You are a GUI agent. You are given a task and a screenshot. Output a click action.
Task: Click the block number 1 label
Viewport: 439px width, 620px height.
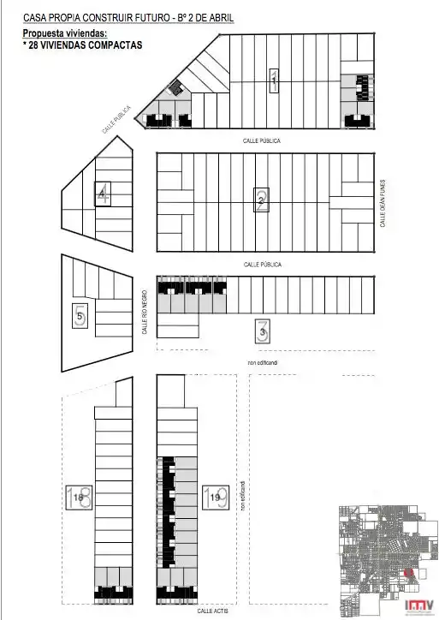(273, 80)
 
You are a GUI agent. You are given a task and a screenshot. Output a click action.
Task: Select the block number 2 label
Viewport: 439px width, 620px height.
(262, 201)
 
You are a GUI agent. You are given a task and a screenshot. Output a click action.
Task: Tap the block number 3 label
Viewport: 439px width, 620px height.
(263, 328)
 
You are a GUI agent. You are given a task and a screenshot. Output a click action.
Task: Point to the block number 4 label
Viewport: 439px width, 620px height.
(103, 194)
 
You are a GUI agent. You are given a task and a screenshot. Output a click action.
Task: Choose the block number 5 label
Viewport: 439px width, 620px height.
(80, 317)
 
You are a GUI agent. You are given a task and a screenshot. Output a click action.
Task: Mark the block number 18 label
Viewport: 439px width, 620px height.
(79, 498)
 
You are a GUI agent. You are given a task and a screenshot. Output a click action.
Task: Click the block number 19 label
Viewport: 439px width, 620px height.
(215, 497)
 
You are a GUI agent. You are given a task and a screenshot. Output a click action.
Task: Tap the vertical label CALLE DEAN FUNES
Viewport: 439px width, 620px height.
(384, 202)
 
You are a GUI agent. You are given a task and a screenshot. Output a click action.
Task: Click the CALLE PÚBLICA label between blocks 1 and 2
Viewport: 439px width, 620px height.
(261, 140)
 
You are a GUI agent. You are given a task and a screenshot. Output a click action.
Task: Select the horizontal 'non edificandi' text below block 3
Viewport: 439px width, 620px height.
(262, 363)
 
